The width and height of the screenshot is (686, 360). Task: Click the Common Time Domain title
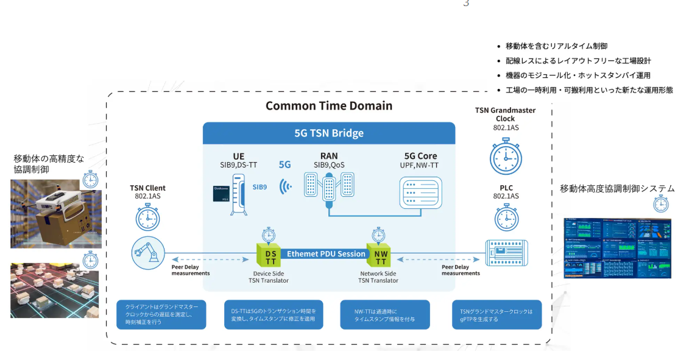pos(329,105)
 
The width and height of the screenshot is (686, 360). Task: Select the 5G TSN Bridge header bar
pos(329,133)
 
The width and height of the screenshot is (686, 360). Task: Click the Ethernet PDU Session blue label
pos(326,253)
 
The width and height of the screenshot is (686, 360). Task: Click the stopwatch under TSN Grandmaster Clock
pos(506,157)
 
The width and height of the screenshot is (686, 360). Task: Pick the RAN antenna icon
pos(330,189)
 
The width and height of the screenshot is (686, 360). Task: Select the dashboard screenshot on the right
pos(617,249)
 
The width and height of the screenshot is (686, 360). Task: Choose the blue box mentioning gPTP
pos(497,315)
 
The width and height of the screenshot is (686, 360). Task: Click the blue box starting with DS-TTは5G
pos(273,315)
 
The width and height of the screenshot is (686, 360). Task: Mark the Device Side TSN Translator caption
pos(269,277)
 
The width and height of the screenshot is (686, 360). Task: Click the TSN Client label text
pos(147,188)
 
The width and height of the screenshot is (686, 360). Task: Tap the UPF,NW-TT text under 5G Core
pos(420,165)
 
